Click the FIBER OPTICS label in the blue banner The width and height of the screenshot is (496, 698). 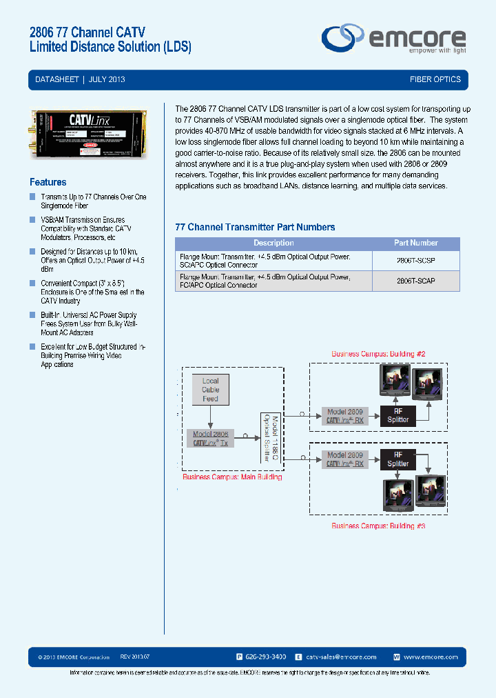click(x=435, y=80)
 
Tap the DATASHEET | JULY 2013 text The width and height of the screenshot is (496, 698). click(x=80, y=80)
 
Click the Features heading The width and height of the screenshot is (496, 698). click(x=48, y=182)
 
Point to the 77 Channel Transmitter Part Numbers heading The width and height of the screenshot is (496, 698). click(x=255, y=227)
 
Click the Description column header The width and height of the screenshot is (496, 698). click(x=273, y=243)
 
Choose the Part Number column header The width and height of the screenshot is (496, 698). click(x=415, y=243)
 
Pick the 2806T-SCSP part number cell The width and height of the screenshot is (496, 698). click(x=415, y=259)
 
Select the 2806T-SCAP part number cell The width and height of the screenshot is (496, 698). click(x=415, y=281)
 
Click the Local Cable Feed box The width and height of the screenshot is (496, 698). click(x=210, y=390)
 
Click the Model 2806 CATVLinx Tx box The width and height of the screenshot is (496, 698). click(x=211, y=439)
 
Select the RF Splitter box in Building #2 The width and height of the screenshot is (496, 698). click(x=397, y=415)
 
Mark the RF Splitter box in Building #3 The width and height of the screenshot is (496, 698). click(x=397, y=459)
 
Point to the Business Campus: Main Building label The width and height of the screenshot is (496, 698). click(x=232, y=477)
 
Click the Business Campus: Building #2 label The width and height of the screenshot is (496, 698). click(x=378, y=354)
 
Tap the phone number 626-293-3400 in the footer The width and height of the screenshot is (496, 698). click(x=266, y=657)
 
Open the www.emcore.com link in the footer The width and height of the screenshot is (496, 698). click(x=431, y=657)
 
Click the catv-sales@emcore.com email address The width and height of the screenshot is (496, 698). click(x=340, y=657)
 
